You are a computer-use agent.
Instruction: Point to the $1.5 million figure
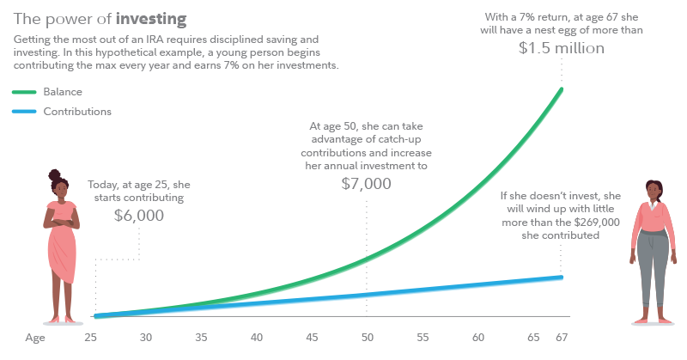(x=562, y=48)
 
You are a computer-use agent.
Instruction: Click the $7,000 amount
(x=367, y=184)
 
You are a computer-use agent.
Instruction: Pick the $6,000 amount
(x=139, y=215)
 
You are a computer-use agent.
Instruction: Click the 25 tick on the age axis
(x=91, y=338)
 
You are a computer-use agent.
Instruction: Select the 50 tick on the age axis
(x=368, y=338)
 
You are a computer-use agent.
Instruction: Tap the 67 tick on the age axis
(x=562, y=338)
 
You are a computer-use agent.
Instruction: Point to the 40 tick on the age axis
(x=257, y=338)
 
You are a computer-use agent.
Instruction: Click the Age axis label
(x=34, y=338)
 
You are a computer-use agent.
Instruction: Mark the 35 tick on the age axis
(x=201, y=338)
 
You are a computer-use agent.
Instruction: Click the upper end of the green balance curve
(x=561, y=89)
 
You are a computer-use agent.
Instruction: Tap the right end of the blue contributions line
(x=561, y=277)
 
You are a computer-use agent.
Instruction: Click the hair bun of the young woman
(x=56, y=174)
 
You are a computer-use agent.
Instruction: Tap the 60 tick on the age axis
(x=478, y=338)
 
